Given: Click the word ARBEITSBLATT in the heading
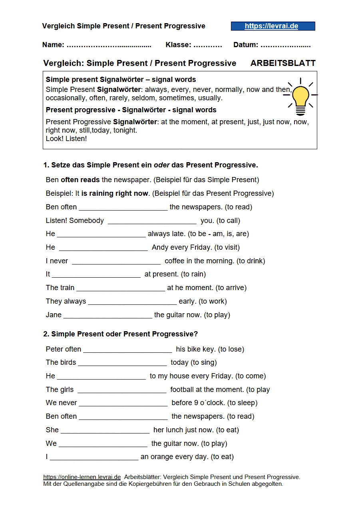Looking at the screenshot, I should click(283, 63).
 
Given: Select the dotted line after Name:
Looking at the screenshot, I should click(109, 45).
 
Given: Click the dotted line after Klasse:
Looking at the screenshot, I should click(207, 45).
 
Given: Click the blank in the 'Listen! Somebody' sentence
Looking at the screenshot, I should click(152, 221).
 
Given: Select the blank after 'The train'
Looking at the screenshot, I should click(120, 288).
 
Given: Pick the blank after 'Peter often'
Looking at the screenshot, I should click(127, 350).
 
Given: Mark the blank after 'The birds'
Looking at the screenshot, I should click(122, 363).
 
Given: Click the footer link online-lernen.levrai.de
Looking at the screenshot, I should click(82, 477).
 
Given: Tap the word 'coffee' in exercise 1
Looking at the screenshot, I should click(175, 261).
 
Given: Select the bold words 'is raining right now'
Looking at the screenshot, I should click(115, 193).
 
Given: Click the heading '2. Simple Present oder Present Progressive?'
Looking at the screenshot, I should click(120, 334).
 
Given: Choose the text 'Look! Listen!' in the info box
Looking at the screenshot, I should click(66, 139).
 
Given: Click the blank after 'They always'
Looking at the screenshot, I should click(132, 302).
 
